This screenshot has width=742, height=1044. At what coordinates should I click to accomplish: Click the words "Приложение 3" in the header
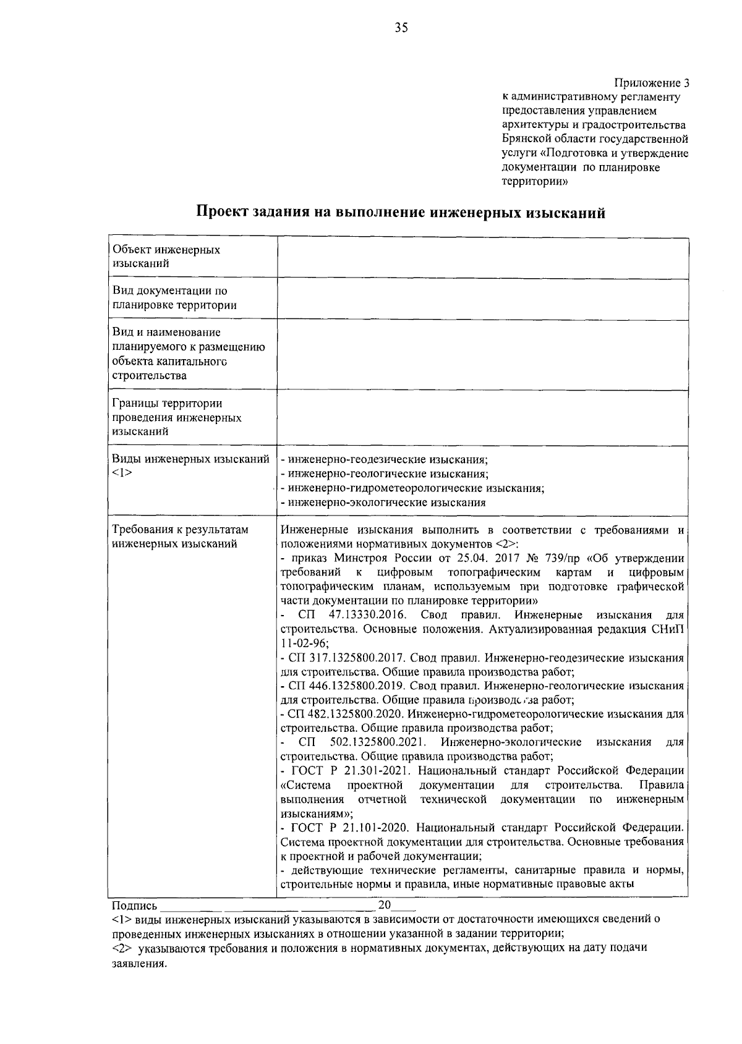(x=651, y=83)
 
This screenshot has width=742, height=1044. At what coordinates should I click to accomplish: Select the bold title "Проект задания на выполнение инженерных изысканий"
(x=401, y=213)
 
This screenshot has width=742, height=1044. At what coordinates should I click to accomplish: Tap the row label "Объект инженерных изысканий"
(x=166, y=257)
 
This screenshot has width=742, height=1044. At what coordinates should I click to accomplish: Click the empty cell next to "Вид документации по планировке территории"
(x=482, y=299)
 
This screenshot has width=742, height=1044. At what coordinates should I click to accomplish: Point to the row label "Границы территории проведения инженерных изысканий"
(x=177, y=417)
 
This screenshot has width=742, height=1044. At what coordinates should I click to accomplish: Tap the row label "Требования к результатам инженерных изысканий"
(x=180, y=537)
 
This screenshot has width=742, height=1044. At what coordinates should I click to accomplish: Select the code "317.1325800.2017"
(x=334, y=658)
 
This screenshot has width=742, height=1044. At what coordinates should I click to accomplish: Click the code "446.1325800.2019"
(x=334, y=686)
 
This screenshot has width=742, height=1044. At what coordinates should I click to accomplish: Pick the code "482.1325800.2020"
(x=334, y=715)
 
